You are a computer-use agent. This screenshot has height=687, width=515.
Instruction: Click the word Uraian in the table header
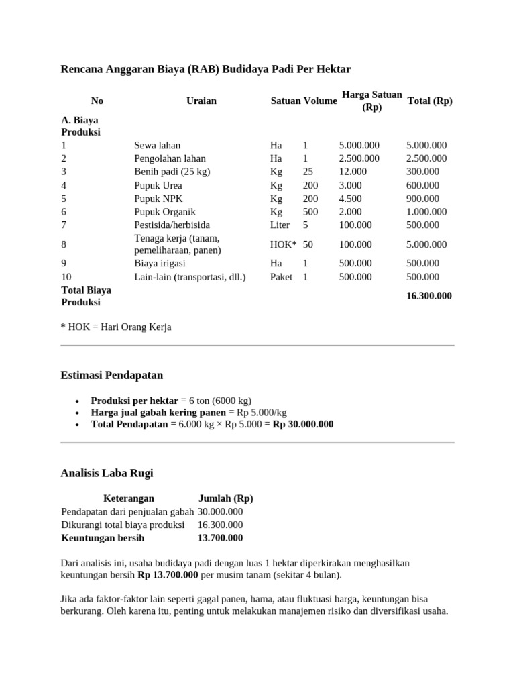(x=201, y=101)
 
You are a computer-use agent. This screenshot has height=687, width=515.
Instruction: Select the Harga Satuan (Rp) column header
(x=371, y=101)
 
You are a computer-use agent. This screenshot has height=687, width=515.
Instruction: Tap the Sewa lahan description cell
(x=157, y=145)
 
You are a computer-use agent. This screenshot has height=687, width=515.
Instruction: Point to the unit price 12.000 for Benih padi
(x=353, y=172)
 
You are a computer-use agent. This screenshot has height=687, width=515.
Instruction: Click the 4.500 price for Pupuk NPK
(x=351, y=199)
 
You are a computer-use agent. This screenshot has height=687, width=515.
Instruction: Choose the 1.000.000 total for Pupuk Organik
(x=426, y=212)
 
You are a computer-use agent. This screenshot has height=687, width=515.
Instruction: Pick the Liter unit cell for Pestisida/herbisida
(x=280, y=225)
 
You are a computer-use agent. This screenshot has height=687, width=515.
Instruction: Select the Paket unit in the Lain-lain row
(x=281, y=276)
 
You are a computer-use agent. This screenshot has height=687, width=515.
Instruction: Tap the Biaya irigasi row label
(x=160, y=263)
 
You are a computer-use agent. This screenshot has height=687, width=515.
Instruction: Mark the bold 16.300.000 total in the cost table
(x=429, y=296)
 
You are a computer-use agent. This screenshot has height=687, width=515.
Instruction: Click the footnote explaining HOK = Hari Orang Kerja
(x=116, y=327)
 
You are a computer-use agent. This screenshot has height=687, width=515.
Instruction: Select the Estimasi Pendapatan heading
(x=112, y=375)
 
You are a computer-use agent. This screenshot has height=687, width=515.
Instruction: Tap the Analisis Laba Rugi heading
(x=107, y=473)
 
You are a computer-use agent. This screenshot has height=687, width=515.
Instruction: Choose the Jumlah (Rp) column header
(x=226, y=498)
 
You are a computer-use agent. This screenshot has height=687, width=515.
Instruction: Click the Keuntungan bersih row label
(x=103, y=538)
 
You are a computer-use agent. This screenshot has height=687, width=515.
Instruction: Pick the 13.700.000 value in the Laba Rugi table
(x=220, y=538)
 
